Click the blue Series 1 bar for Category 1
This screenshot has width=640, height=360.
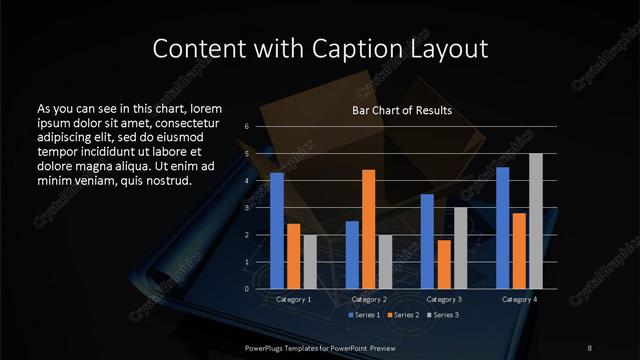pyautogui.click(x=277, y=231)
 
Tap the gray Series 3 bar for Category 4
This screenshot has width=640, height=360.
pyautogui.click(x=536, y=221)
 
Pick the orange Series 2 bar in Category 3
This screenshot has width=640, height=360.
pyautogui.click(x=443, y=264)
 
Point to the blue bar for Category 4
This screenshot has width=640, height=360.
pyautogui.click(x=503, y=228)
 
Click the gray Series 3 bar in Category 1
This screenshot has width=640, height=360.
pyautogui.click(x=310, y=262)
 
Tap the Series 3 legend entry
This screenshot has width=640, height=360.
pyautogui.click(x=443, y=315)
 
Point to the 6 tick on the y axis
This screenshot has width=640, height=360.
pyautogui.click(x=246, y=127)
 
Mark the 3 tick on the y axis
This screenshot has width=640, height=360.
pyautogui.click(x=246, y=208)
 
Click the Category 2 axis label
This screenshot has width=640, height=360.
pyautogui.click(x=369, y=299)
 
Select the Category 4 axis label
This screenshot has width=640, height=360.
pyautogui.click(x=520, y=299)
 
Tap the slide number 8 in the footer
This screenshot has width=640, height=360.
pyautogui.click(x=589, y=347)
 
